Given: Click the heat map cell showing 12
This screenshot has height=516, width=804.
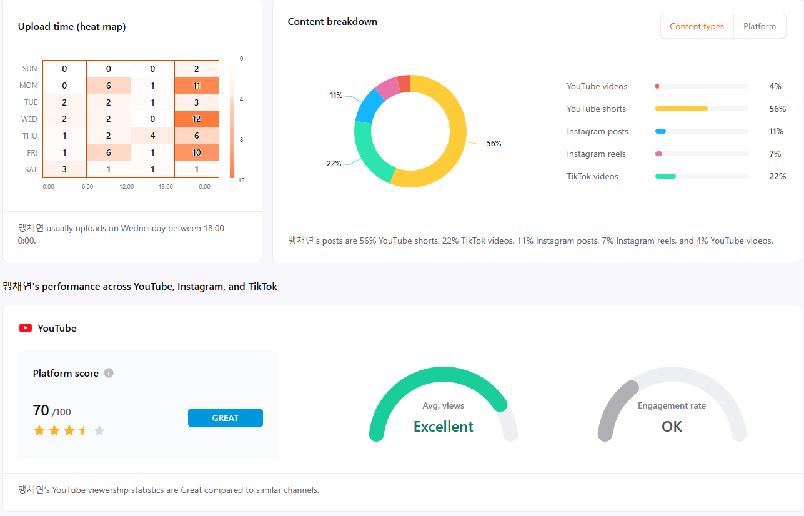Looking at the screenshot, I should tap(197, 119).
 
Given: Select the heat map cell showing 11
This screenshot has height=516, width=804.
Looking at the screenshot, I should tap(197, 86).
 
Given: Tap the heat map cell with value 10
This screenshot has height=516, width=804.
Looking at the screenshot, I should tap(197, 153).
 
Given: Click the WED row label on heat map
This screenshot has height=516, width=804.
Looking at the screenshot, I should tap(29, 119).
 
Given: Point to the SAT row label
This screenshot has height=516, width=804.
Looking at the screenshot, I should tap(31, 170).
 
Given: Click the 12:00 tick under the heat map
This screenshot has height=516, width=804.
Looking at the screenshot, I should tap(127, 186).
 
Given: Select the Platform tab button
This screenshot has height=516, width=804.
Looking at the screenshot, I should tap(760, 27).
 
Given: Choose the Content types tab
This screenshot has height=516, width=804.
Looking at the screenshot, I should tap(697, 27).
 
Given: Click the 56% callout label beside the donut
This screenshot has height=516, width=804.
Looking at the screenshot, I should tap(494, 144).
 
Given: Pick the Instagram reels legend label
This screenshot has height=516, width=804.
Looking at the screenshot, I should tap(596, 154).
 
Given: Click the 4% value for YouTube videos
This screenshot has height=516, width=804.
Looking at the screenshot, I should tap(775, 87).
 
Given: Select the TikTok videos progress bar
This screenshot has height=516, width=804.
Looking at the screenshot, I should tap(702, 177).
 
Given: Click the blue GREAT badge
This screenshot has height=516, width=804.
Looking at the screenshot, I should tap(225, 418).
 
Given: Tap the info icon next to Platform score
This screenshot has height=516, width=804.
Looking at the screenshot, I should tap(109, 374).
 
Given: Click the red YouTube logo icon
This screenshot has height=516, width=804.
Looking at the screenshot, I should tap(26, 328).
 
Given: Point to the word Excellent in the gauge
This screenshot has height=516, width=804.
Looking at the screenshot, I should tap(443, 427).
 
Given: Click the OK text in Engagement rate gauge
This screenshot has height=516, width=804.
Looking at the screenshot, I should tap(672, 427).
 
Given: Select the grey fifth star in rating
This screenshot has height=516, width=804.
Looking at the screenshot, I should tap(99, 430).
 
